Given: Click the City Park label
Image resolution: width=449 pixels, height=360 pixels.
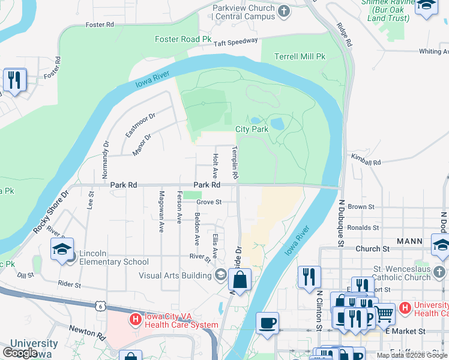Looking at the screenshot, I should (252, 129).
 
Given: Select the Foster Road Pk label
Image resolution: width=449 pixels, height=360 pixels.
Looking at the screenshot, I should (184, 40).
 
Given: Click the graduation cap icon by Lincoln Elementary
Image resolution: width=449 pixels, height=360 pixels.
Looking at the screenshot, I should (62, 251).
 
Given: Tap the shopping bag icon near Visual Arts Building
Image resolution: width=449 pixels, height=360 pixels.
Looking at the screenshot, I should (240, 280).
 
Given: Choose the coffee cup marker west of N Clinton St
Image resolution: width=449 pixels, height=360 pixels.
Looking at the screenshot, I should (268, 323).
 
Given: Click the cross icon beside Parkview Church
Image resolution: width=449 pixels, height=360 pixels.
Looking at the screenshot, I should (284, 11).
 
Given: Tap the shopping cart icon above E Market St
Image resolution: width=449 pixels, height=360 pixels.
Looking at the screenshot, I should (384, 313).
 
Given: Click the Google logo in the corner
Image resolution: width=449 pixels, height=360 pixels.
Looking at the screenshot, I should (20, 353).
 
